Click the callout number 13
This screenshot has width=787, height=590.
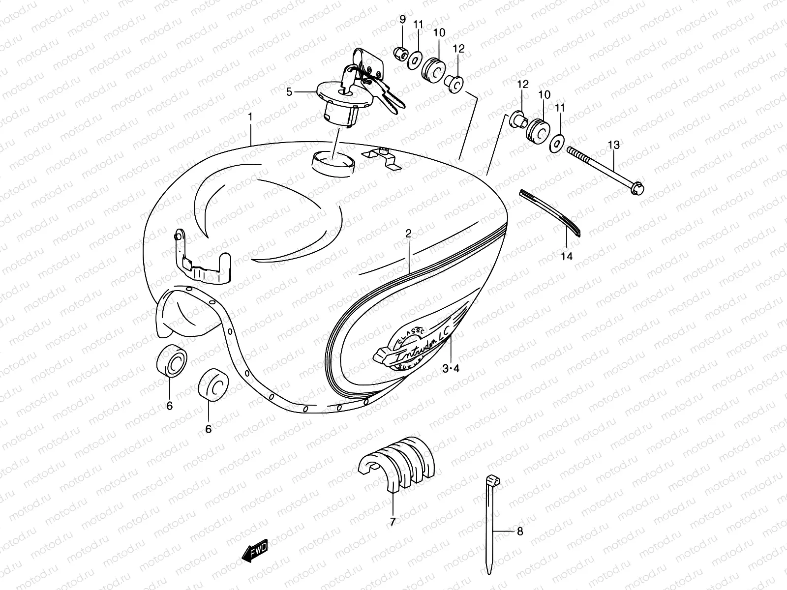tap(613, 145)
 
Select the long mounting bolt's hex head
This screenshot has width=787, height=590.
tap(638, 188)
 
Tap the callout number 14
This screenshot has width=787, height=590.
tap(567, 256)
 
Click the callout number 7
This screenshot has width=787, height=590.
tap(392, 522)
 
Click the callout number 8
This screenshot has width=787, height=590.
tap(520, 531)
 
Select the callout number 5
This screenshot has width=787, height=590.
tap(303, 92)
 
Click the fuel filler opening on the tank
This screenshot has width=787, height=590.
tap(333, 160)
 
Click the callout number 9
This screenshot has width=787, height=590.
tap(402, 20)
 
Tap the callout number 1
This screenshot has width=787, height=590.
tap(250, 118)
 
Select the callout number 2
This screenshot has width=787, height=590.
tap(408, 234)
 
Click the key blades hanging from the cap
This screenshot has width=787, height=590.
tap(389, 98)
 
